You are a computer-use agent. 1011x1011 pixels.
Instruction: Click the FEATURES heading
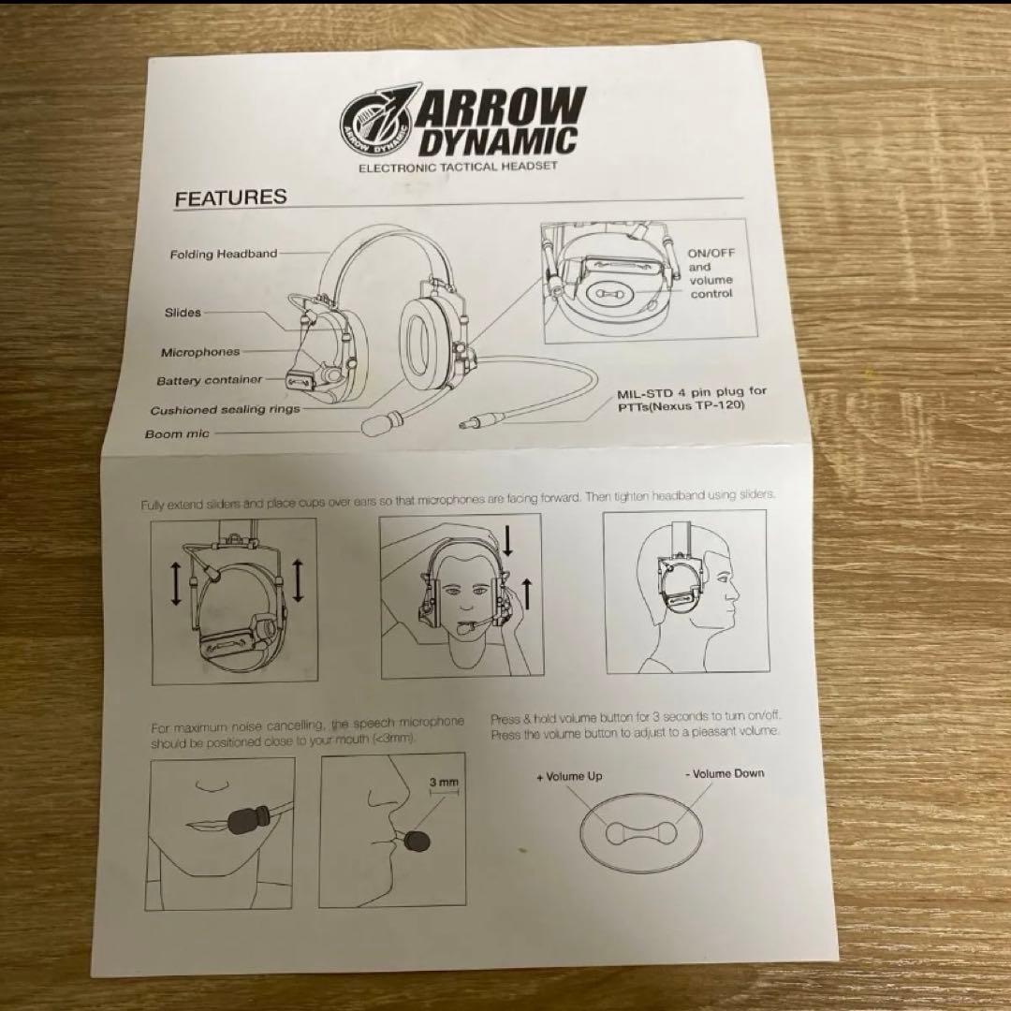coord(230,198)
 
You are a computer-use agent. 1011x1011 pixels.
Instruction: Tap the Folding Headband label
coord(224,254)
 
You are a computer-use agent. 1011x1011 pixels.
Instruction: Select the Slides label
coord(183,313)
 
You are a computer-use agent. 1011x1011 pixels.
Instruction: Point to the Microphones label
coord(200,352)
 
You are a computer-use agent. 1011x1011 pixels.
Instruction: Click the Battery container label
coord(210,381)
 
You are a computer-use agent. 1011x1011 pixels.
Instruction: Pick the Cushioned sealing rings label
coord(226,410)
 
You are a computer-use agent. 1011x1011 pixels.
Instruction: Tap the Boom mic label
coord(178,434)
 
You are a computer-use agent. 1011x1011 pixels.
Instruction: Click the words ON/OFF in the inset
coord(712,253)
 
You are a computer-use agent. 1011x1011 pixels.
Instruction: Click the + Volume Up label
coord(569,776)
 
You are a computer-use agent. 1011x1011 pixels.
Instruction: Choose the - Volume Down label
coord(724,773)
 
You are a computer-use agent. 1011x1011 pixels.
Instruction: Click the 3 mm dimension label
coord(444,780)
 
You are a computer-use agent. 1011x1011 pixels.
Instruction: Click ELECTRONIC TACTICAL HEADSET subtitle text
coord(458,166)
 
